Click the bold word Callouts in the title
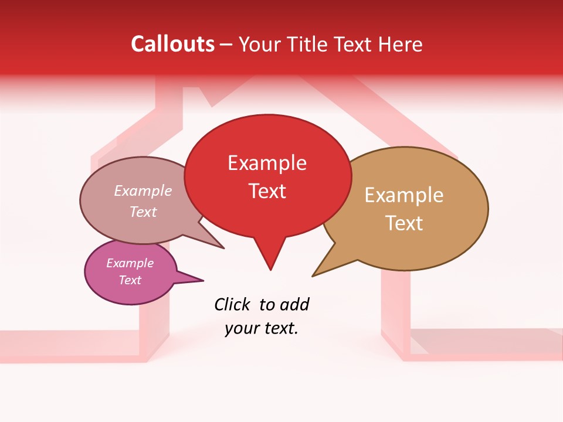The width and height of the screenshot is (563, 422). pos(172,44)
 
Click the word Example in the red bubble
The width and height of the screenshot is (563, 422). pos(267,163)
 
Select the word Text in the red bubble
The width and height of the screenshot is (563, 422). pos(267,191)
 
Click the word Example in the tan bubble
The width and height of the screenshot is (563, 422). pos(404,195)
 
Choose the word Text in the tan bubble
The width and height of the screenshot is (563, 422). pos(404,223)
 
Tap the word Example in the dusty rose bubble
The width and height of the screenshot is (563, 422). pos(143,191)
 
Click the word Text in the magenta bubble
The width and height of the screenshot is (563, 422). pos(130,280)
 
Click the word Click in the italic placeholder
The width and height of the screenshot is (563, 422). pos(233,305)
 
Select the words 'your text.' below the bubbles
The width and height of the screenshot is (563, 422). pos(262,329)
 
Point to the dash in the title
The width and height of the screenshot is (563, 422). pos(227,45)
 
